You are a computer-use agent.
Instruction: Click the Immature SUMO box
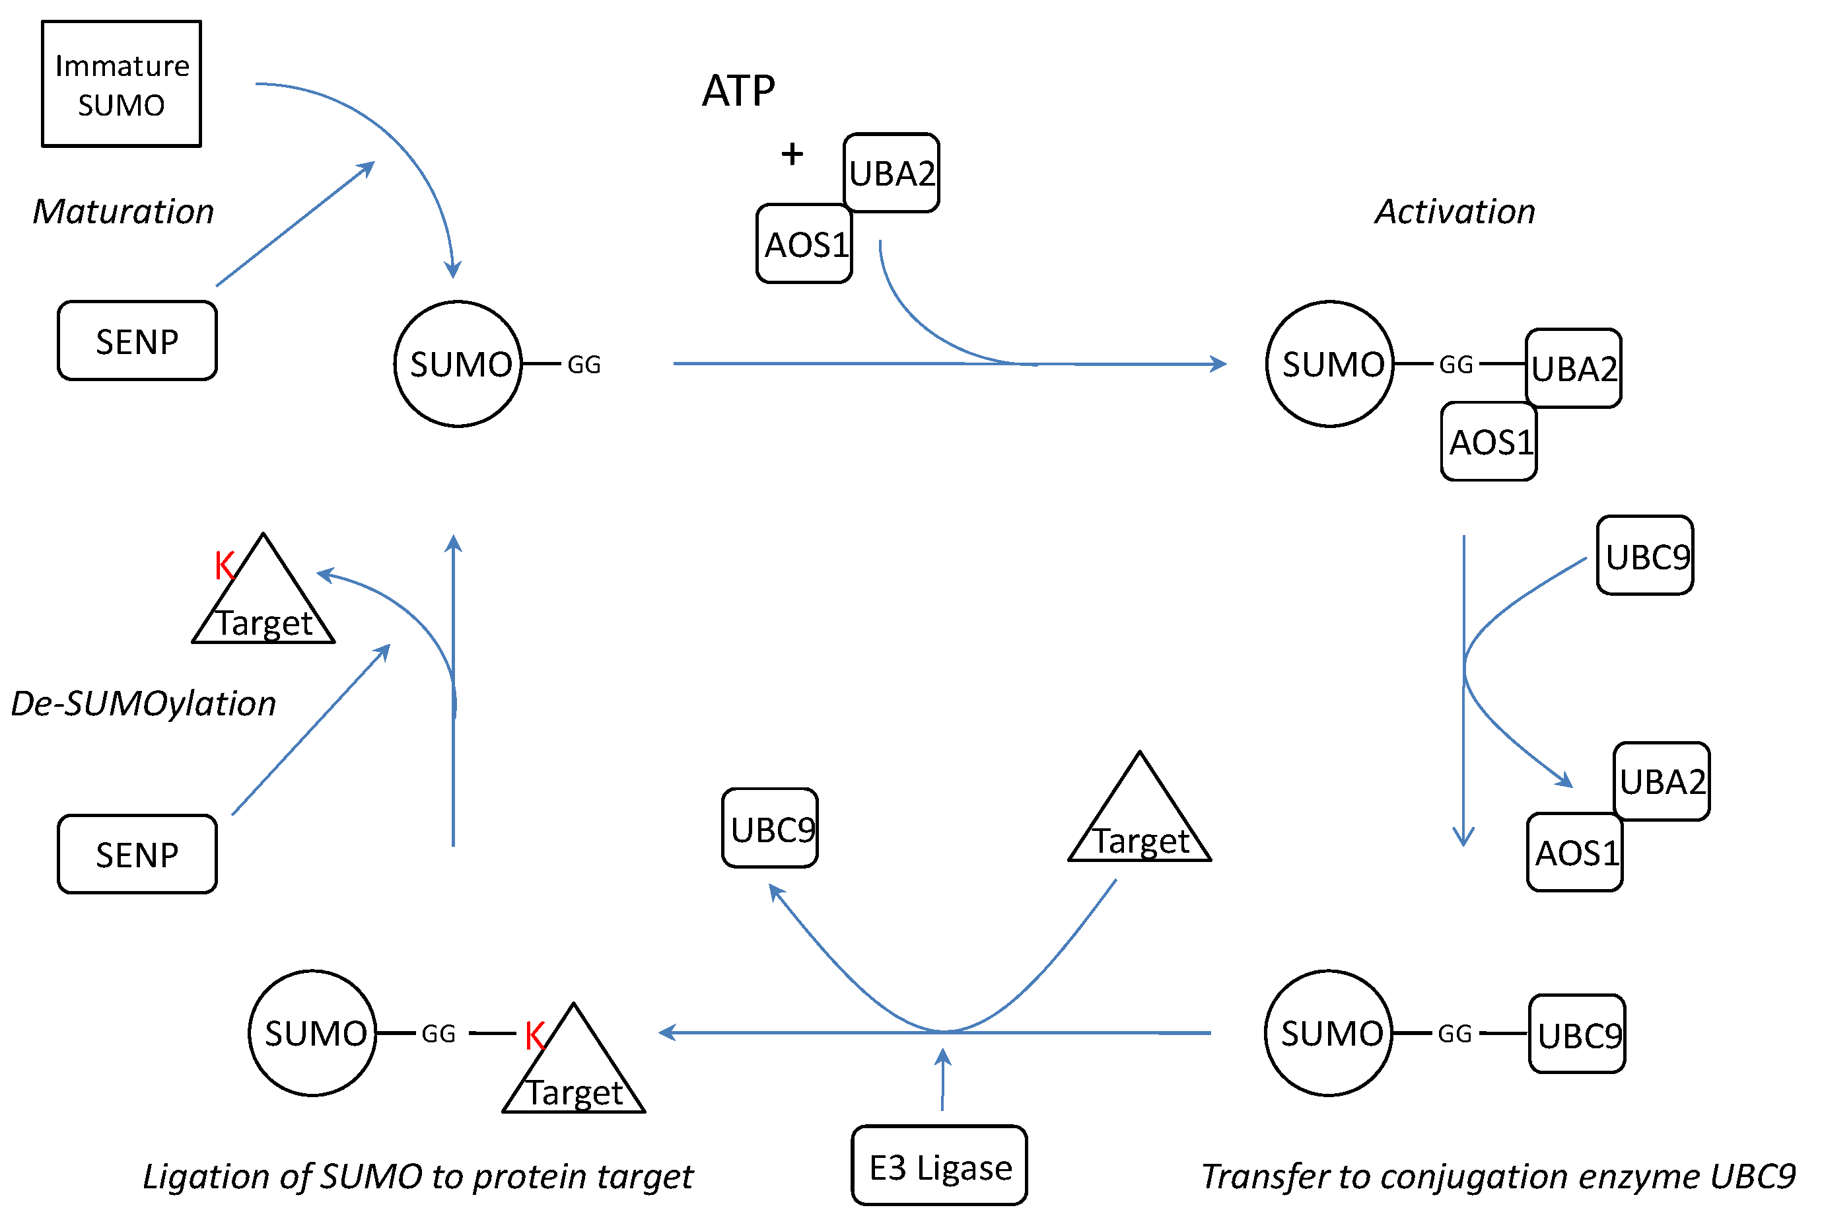[x=122, y=84]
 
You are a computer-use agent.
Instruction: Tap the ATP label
[x=738, y=91]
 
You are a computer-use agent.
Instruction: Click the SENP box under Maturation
[x=137, y=341]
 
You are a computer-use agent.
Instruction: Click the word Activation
[x=1454, y=211]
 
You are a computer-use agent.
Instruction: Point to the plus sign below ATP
[x=792, y=154]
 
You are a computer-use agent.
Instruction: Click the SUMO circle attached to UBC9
[x=1329, y=1034]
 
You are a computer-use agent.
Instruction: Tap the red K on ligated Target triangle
[x=534, y=1036]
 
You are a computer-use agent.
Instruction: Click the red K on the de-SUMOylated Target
[x=224, y=565]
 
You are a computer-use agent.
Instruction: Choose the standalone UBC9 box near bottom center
[x=770, y=828]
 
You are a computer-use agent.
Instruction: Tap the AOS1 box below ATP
[x=804, y=244]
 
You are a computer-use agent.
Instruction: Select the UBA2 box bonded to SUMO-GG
[x=1573, y=369]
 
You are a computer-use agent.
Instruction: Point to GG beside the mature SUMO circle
[x=584, y=364]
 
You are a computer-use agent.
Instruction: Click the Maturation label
[x=123, y=211]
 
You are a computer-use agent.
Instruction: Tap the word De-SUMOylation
[x=144, y=703]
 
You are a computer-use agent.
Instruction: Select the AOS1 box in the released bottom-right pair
[x=1574, y=853]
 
